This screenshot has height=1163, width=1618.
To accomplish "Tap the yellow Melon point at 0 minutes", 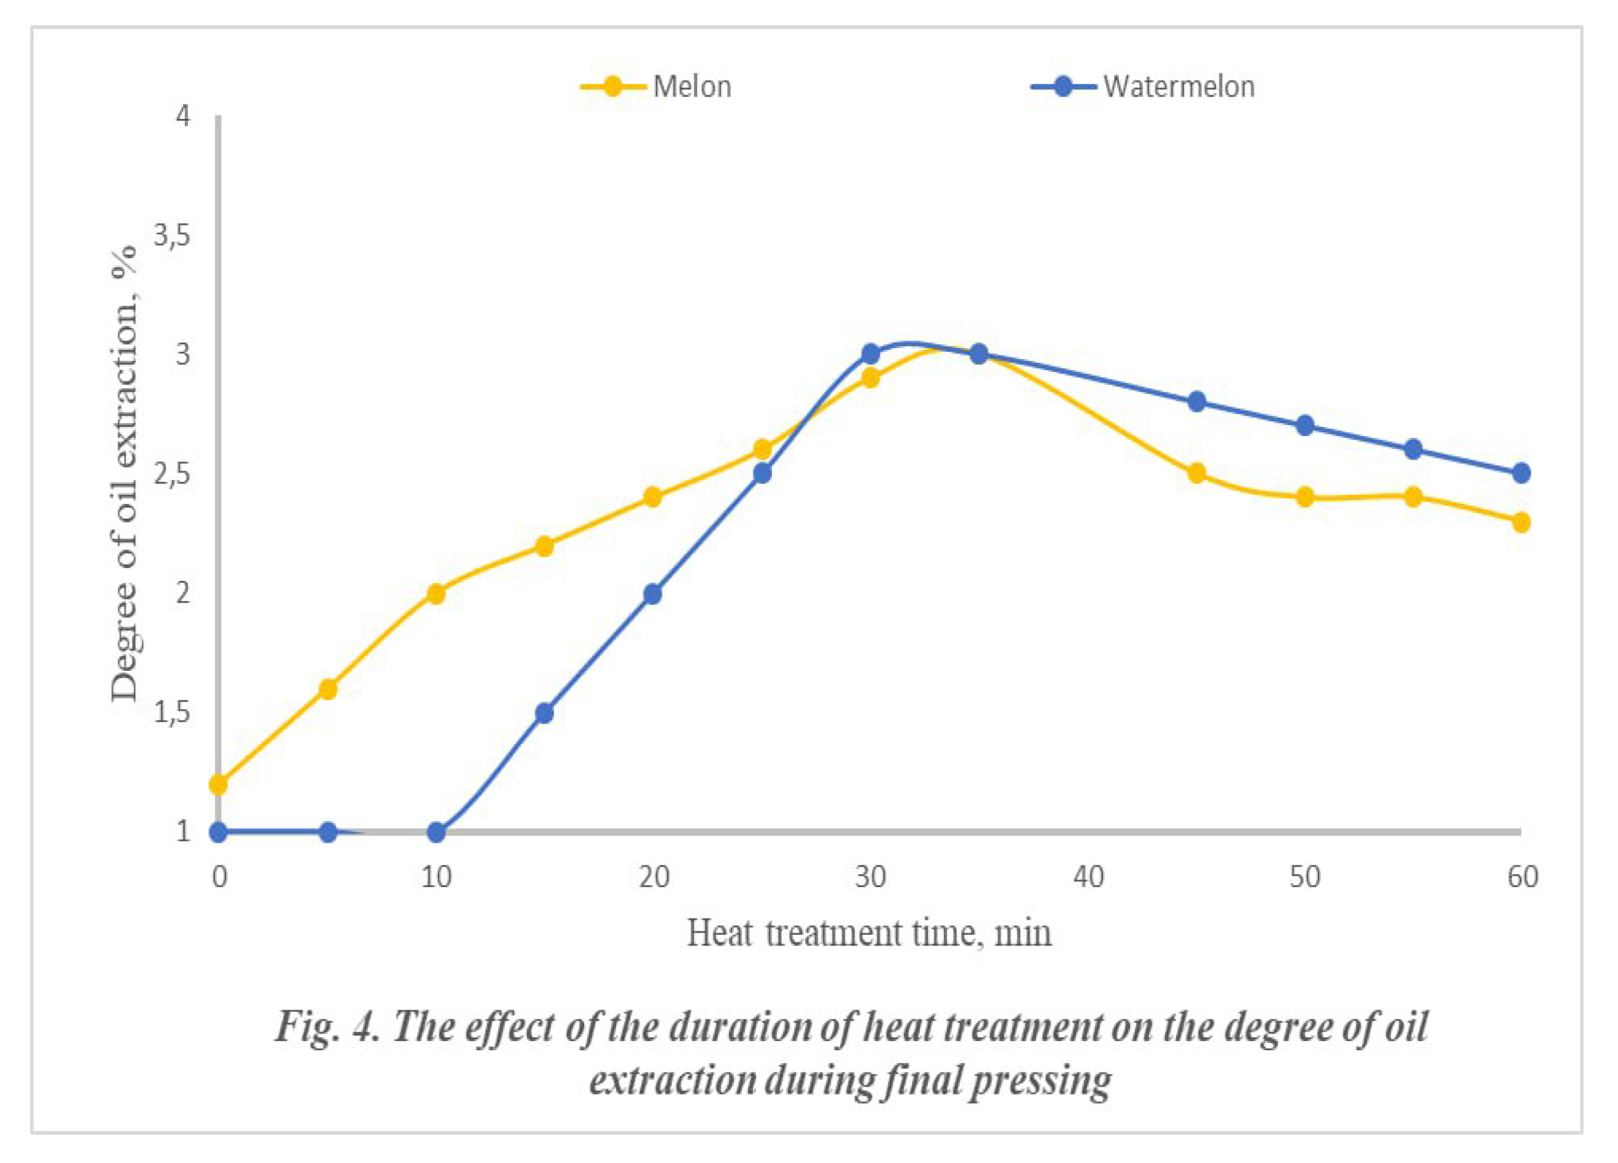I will coord(218,784).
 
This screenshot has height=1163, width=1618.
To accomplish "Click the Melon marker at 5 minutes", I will coord(327,689).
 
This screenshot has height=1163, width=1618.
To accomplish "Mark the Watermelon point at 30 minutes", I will coord(871,354).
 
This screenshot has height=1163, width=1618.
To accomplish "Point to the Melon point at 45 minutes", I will coord(1197,472).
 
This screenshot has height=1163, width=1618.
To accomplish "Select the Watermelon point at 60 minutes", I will coord(1522,472).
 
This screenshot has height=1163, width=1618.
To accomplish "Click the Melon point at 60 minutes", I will coord(1522,522).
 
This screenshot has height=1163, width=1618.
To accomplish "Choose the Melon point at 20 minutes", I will coord(652,497).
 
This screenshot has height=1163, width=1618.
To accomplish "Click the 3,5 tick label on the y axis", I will coord(173,236).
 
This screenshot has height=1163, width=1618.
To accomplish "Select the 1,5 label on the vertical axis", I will coord(173,712).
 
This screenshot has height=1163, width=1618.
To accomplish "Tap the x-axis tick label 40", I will coord(1088,877).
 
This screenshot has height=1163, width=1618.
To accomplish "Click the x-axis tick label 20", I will coord(654,877).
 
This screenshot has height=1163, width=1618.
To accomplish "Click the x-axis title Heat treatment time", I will coord(869,933).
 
